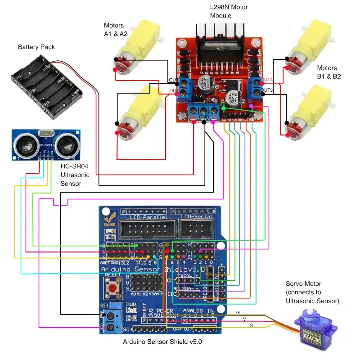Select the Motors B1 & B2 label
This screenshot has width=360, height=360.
click(329, 72)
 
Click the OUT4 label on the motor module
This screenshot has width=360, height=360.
click(267, 80)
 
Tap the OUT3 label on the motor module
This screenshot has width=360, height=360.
click(267, 90)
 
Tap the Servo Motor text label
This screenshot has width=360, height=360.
click(312, 292)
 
